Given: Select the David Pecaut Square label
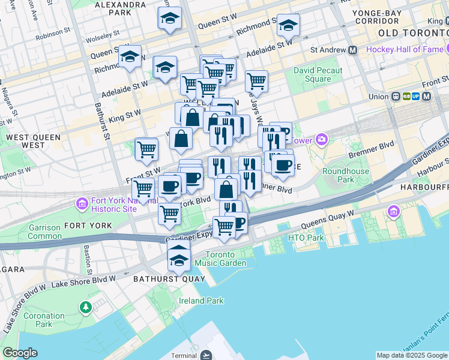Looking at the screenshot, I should pos(318,75).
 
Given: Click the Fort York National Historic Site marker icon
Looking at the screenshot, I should pos(82,205).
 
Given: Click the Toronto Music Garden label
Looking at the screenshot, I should pos(225,259).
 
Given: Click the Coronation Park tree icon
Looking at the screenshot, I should pos(86,307).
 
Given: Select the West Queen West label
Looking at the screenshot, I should pos(33,141).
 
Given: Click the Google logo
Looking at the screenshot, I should pos(20,353).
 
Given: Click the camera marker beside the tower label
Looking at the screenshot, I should pos(322,140).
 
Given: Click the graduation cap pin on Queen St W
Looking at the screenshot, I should pos(170,18).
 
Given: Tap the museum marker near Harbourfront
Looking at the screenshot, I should pos(394,211).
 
